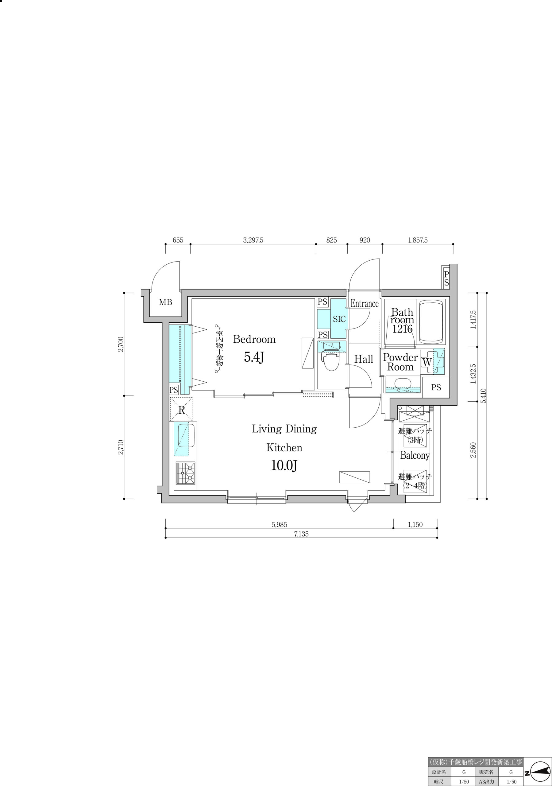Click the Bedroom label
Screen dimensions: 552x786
pos(254,339)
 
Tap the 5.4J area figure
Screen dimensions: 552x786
pos(253,357)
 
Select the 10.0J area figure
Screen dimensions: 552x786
pos(284,465)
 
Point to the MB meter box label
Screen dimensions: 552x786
pos(166,302)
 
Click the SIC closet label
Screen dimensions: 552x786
pos(339,319)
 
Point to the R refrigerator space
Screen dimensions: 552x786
pos(181,410)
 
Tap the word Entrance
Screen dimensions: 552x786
pos(365,304)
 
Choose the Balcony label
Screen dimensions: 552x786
pos(415,455)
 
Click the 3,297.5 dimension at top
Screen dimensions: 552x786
pos(253,240)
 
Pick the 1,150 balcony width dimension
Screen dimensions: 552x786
pos(415,525)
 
